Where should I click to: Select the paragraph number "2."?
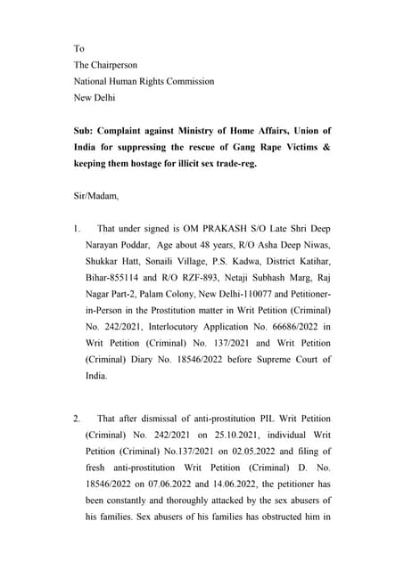tap(78, 418)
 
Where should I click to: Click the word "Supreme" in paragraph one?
tap(283, 359)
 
